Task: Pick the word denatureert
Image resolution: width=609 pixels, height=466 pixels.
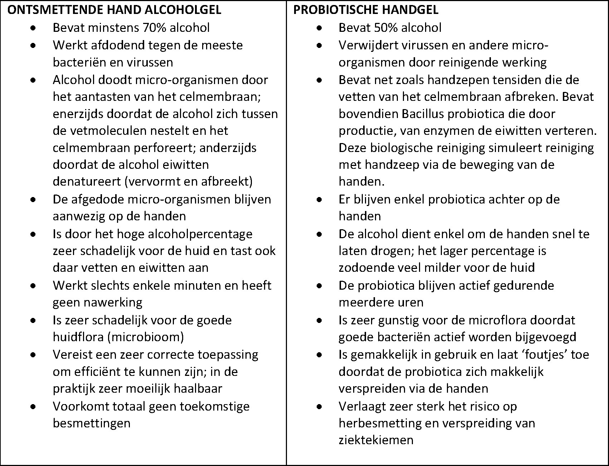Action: click(x=87, y=182)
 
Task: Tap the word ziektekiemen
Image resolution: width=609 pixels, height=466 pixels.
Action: click(x=376, y=440)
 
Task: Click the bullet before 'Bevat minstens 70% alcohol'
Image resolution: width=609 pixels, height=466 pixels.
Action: click(x=33, y=28)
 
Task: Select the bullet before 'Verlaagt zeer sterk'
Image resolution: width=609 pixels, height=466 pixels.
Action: click(x=320, y=406)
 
